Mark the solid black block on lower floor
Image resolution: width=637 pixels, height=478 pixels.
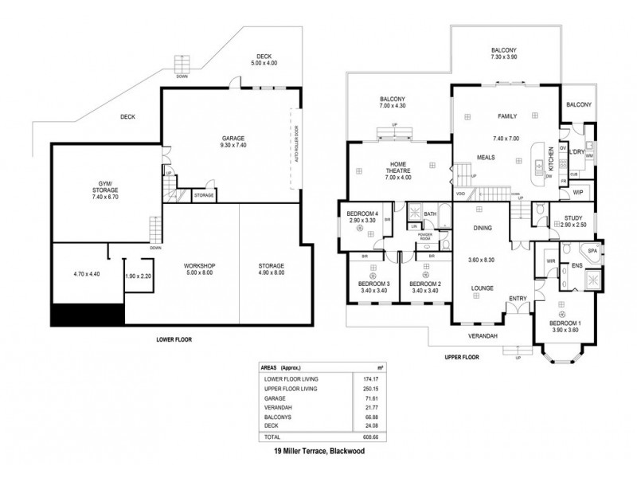pyautogui.click(x=88, y=315)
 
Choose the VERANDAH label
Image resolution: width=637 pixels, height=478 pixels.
pyautogui.click(x=483, y=336)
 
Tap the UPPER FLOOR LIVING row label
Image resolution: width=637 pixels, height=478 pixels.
pyautogui.click(x=291, y=388)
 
